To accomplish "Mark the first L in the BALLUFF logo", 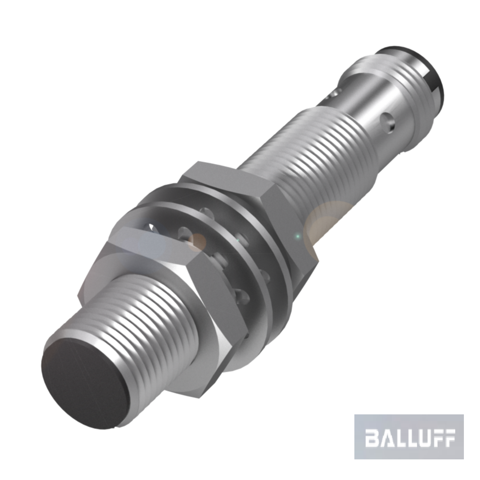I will [400, 438].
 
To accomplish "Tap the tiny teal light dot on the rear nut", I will [297, 237].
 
